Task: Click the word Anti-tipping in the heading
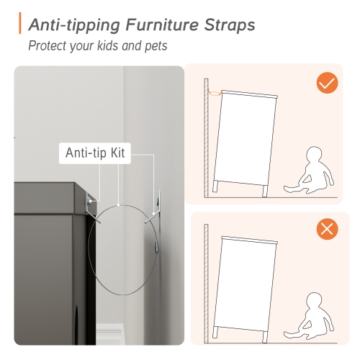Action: [74, 25]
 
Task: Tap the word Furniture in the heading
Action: [162, 24]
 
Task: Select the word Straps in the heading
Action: [230, 25]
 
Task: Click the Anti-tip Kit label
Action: [95, 153]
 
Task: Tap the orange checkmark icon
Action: [327, 83]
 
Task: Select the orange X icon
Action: [327, 229]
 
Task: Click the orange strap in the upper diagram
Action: [214, 92]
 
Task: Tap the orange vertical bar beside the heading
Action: [20, 23]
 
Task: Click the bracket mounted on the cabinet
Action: [92, 207]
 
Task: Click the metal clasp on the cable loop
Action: [157, 247]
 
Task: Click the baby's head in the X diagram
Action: [314, 301]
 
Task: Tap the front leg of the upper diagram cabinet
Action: [265, 191]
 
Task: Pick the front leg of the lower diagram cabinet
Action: [265, 337]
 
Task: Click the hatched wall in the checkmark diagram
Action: [206, 138]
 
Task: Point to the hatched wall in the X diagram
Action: [206, 284]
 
